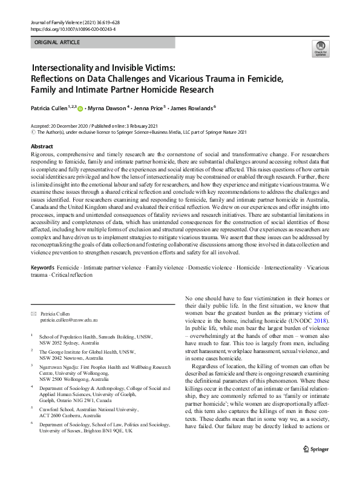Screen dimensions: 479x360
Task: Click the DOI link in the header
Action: [73, 29]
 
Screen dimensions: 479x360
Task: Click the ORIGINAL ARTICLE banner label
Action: [57, 42]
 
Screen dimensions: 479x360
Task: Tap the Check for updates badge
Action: [319, 48]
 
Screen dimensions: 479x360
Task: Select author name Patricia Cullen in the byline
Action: [51, 108]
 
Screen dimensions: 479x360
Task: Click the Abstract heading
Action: [42, 147]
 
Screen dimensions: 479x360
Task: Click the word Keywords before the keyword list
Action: [44, 267]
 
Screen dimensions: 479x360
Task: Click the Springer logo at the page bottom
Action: [314, 466]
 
